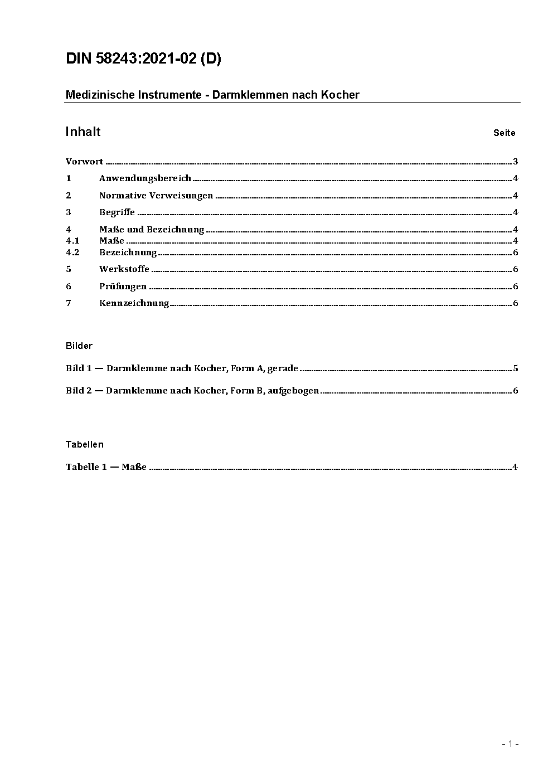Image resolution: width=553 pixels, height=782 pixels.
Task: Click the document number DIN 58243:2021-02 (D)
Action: click(143, 59)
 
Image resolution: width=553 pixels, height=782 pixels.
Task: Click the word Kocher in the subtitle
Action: click(340, 95)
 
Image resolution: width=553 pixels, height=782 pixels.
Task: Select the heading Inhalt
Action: click(83, 132)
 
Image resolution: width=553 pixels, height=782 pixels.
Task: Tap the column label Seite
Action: click(504, 133)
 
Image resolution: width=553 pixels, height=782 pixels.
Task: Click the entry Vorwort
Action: click(84, 162)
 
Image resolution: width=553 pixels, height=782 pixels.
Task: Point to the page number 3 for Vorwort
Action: click(516, 162)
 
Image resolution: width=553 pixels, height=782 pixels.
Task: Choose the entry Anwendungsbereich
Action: click(145, 178)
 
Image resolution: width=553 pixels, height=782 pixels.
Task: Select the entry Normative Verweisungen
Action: click(156, 195)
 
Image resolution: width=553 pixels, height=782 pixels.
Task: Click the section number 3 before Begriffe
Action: click(69, 212)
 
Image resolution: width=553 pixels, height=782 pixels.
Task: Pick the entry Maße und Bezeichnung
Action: click(152, 229)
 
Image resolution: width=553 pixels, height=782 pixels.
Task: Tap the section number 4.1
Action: click(72, 241)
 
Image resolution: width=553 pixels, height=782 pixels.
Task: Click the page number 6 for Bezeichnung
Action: click(516, 252)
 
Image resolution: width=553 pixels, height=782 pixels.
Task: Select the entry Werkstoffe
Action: click(124, 269)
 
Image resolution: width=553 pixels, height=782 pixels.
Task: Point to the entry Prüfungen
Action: click(123, 286)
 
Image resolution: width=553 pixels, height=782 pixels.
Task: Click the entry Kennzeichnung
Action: click(134, 303)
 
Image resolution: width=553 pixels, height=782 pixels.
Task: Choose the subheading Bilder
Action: click(79, 346)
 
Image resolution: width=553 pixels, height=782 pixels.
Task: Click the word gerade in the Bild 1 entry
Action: click(283, 368)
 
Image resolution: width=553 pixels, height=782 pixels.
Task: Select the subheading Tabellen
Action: click(85, 444)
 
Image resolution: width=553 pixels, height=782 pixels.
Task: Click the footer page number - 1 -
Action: click(510, 744)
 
